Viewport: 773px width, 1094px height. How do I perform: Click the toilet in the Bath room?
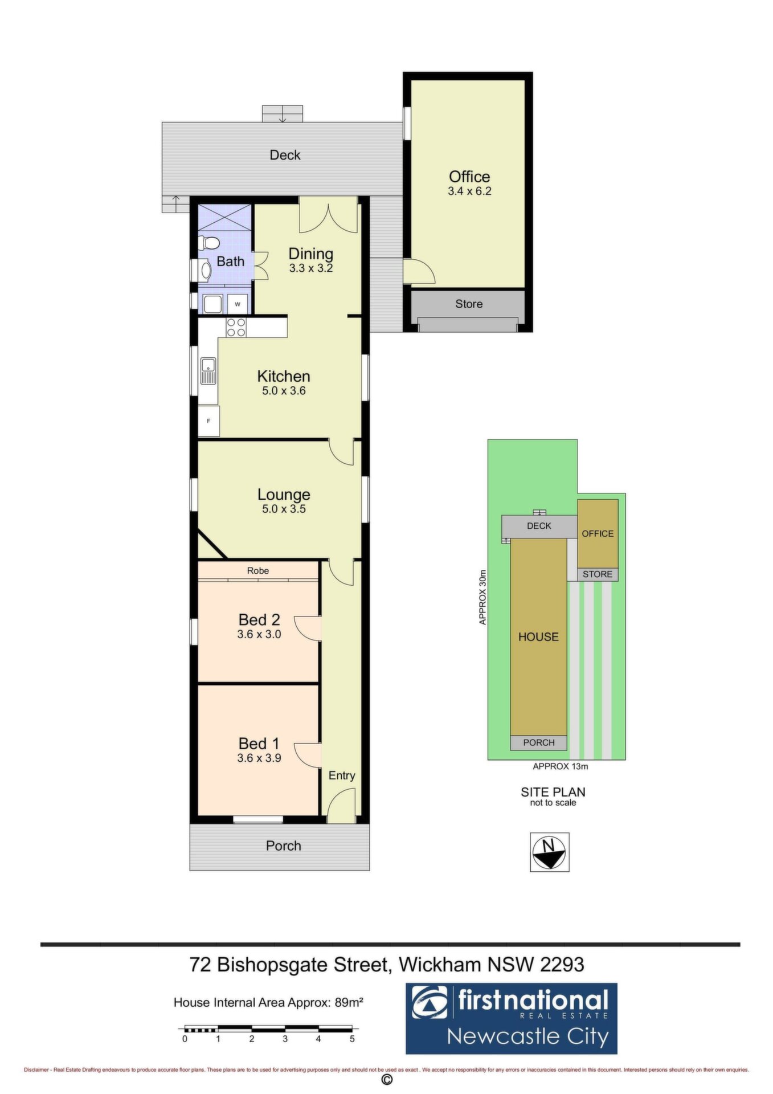(209, 243)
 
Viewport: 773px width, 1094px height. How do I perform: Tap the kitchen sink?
(208, 372)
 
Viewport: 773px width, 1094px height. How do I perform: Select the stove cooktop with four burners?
(236, 327)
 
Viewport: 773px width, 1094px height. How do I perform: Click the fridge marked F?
(208, 421)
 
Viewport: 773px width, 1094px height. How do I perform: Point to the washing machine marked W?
(238, 304)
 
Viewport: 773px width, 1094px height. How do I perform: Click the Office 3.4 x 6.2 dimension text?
(469, 191)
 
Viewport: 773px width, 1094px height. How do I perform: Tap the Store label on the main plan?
(469, 304)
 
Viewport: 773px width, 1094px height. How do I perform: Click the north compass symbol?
(549, 852)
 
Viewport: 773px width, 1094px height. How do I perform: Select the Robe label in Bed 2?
(258, 570)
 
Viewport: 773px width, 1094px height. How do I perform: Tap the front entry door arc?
(341, 805)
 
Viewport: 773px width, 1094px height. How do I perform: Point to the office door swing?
(419, 271)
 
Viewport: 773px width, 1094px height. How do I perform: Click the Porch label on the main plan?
(284, 846)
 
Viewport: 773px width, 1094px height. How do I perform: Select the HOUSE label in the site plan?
(538, 637)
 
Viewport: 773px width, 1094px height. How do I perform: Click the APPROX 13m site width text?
(561, 766)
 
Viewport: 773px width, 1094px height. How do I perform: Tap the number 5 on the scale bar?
(352, 1039)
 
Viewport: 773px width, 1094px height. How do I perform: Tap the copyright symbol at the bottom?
(387, 1080)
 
